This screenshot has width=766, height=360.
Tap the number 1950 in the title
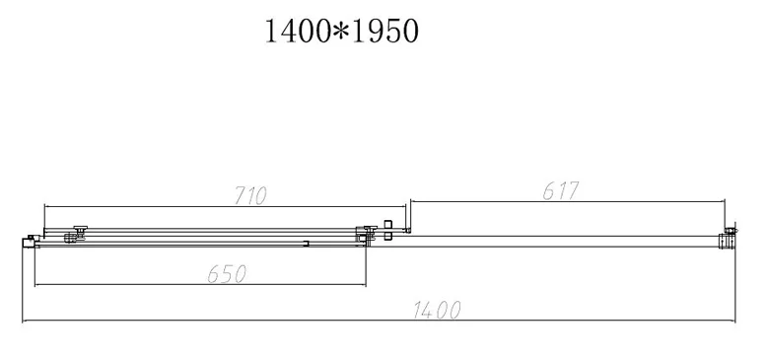[384, 32]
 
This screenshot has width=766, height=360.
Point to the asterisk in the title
[342, 32]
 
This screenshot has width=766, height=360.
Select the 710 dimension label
[250, 196]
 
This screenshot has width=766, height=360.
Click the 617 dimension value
[560, 191]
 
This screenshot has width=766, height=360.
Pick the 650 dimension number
[227, 274]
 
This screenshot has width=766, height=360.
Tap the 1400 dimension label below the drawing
[437, 310]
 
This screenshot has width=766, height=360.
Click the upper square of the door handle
[388, 224]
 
